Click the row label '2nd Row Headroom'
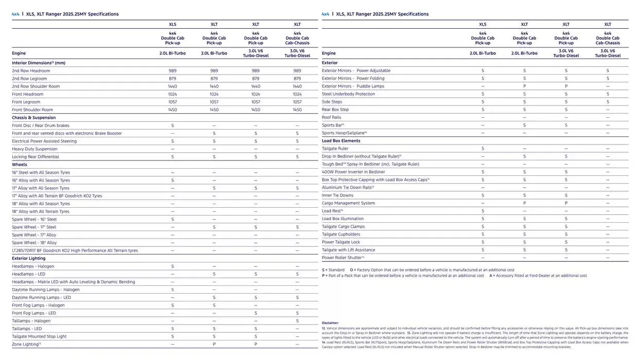pos(31,71)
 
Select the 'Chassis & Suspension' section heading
pos(34,118)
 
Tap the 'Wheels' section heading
pos(20,165)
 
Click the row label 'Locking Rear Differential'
pos(35,157)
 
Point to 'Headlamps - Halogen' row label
pos(33,266)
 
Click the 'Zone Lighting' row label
pos(26,345)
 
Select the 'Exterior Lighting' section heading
pos(29,258)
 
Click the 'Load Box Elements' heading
pos(341,141)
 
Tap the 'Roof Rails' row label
pos(331,117)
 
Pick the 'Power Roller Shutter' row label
pos(343,258)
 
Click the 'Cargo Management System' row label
pos(348,203)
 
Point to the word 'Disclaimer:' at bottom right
pos(330,323)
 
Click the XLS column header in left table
pos(172,24)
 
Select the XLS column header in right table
pos(483,24)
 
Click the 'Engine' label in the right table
pos(329,53)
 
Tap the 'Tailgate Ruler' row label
pos(335,149)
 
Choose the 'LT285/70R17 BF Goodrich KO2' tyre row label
pos(75,250)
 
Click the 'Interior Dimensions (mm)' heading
pos(39,63)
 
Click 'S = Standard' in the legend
pos(333,270)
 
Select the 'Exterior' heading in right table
pos(330,63)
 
